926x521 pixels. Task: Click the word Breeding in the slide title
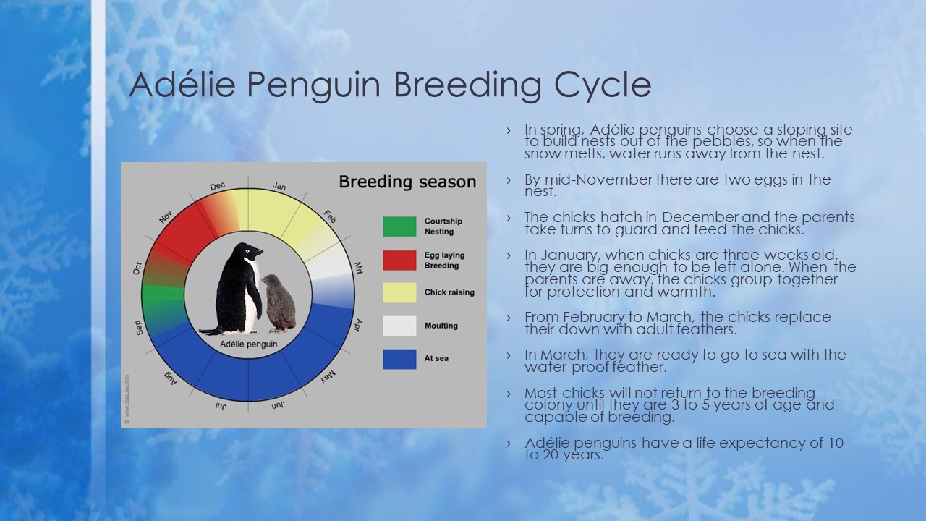point(467,85)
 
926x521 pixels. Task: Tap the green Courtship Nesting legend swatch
point(399,226)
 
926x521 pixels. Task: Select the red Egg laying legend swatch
point(399,260)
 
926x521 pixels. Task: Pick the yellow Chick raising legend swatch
point(399,292)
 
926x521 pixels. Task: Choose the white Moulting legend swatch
point(399,326)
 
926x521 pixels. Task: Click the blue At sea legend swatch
point(399,359)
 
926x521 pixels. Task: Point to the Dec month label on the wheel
point(218,186)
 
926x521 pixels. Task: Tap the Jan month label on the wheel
point(279,186)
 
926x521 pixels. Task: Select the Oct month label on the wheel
point(137,268)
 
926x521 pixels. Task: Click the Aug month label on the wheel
point(170,378)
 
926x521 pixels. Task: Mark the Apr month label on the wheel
point(358,325)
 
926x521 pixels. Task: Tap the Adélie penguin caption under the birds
point(248,344)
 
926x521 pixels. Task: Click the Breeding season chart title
point(407,182)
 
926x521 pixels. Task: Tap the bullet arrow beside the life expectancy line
point(509,444)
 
